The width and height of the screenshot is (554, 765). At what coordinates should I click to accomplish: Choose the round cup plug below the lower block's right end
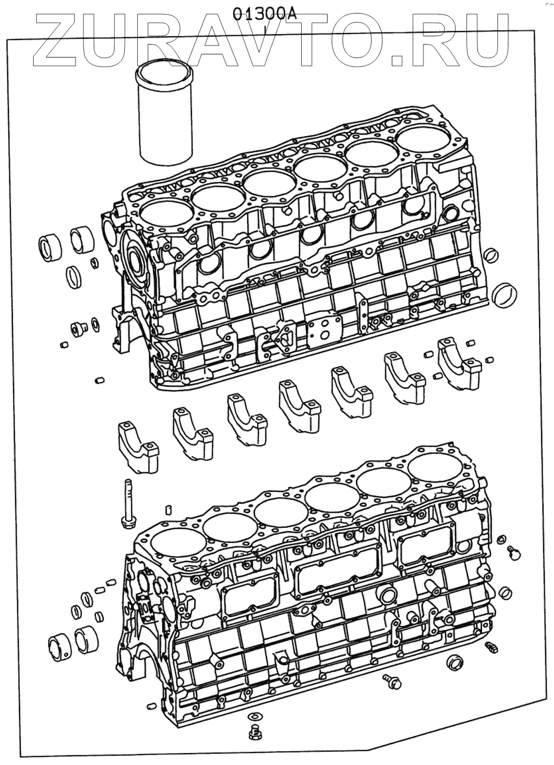click(x=454, y=663)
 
